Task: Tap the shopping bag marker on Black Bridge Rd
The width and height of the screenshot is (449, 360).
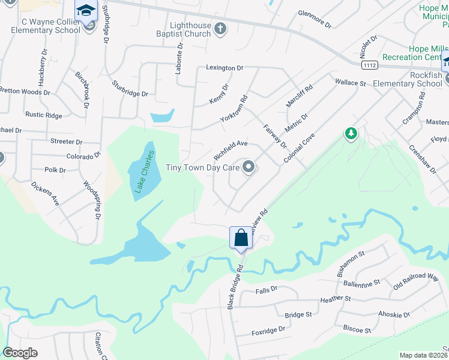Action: tap(241, 238)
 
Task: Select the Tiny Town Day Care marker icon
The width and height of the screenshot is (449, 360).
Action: tap(249, 168)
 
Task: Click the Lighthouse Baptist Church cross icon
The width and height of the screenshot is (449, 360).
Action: tap(220, 28)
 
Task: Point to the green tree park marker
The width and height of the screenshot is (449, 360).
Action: tap(351, 133)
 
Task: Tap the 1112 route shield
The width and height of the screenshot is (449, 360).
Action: tap(369, 64)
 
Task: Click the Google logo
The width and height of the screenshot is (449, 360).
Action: tap(20, 353)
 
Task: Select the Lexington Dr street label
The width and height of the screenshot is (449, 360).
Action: tap(224, 68)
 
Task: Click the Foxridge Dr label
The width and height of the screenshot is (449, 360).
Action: tap(268, 330)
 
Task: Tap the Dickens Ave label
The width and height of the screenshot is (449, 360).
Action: tap(45, 193)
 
